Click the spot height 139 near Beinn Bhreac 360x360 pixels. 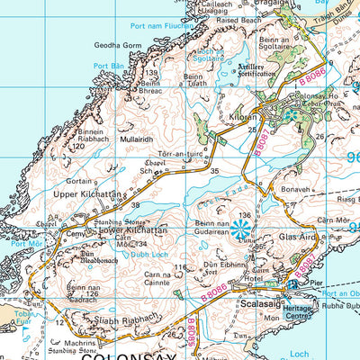(151, 73)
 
